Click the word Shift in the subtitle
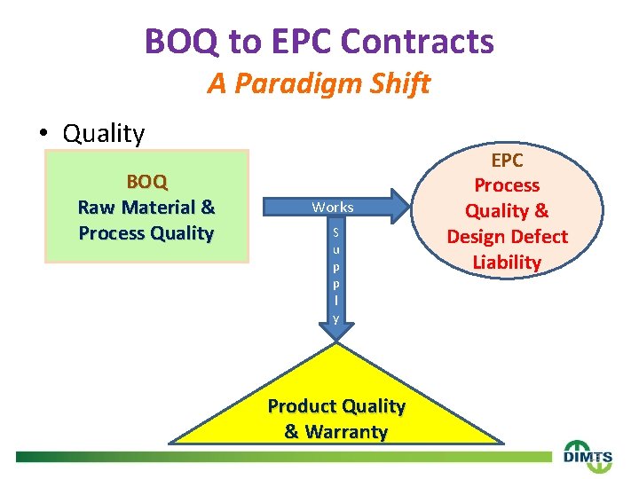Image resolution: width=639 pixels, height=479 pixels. [x=404, y=84]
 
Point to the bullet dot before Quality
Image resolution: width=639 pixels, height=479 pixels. [x=43, y=134]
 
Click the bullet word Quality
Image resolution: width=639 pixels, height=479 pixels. [x=104, y=134]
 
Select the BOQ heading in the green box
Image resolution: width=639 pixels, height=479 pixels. [x=146, y=182]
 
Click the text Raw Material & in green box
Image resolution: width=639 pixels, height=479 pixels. [x=146, y=208]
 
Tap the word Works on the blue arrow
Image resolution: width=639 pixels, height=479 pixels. [x=332, y=208]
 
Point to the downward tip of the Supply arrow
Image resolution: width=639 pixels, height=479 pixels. [x=336, y=336]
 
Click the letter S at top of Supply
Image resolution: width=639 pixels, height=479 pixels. [x=336, y=233]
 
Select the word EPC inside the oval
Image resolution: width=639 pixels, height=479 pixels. [x=507, y=161]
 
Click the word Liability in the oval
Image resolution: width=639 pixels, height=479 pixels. [x=507, y=263]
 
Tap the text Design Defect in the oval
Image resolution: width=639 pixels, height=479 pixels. [x=507, y=237]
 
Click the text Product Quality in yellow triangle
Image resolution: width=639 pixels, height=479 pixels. [x=336, y=406]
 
